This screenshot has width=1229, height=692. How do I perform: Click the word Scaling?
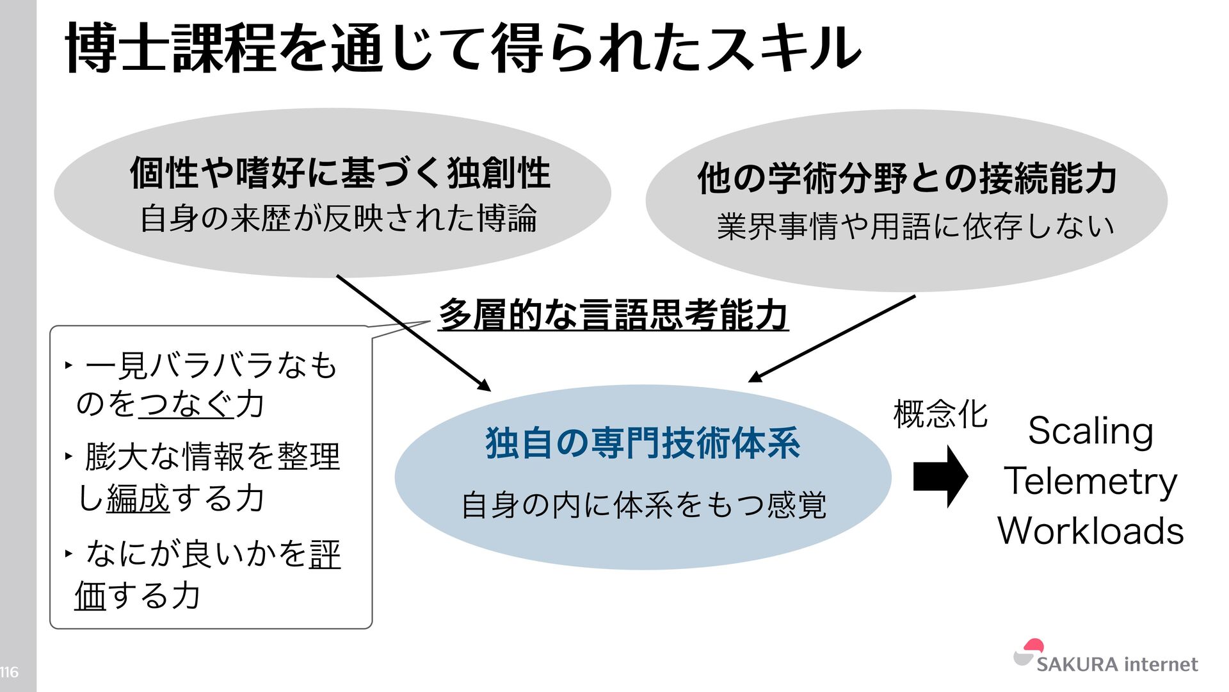pos(1091,431)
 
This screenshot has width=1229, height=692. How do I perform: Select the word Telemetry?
pos(1090,481)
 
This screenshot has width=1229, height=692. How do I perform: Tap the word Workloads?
pos(1091,531)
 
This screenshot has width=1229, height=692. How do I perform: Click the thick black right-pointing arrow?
pos(940,477)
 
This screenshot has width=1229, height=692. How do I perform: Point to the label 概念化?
pos(940,414)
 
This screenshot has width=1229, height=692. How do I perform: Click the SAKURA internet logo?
pos(1105,657)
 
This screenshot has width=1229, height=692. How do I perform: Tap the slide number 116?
pos(9,672)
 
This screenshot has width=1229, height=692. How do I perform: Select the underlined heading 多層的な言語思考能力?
pos(613,315)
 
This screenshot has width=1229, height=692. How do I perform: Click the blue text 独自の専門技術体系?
pos(643,443)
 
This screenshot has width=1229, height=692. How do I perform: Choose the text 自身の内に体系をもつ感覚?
pos(643,506)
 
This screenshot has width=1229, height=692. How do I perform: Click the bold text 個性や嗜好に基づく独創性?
pos(340,173)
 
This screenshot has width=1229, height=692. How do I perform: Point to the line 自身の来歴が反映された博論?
pos(338,218)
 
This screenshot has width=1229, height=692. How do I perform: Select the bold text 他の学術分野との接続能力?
pos(907,178)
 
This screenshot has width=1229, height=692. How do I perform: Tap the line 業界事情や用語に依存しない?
pos(915,227)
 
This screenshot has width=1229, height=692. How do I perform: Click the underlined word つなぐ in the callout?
pos(186,404)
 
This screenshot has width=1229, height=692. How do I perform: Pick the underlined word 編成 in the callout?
pos(138,499)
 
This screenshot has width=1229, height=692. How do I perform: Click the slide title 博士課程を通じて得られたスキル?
pos(463,49)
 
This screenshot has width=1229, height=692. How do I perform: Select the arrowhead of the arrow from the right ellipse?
pos(755,377)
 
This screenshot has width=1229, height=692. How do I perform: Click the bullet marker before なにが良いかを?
pos(68,552)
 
